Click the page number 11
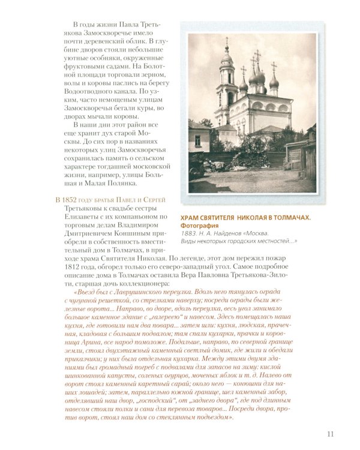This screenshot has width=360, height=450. [331, 434]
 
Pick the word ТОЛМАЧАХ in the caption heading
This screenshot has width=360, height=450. [287, 217]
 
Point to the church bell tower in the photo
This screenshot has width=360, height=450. [226, 84]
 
